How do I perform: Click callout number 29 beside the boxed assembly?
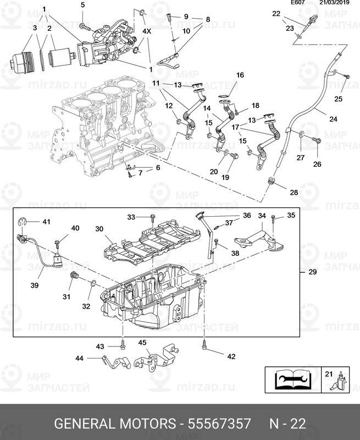point(312,272)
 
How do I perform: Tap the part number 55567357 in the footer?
point(219,424)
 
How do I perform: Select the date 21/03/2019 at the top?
point(335,3)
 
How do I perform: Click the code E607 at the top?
point(298,3)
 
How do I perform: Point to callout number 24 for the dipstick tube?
point(333,119)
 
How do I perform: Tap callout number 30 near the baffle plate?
point(99,229)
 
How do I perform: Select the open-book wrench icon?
point(293,380)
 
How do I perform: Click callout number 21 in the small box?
point(329,374)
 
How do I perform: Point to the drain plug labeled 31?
point(74,276)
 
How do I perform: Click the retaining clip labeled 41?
point(21,222)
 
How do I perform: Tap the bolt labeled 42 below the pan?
point(204,346)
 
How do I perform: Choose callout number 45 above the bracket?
point(142,342)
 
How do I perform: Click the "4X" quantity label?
point(147,31)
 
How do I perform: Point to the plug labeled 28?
point(271,182)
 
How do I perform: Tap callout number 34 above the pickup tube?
point(262,216)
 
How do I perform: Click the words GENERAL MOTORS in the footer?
point(115,424)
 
